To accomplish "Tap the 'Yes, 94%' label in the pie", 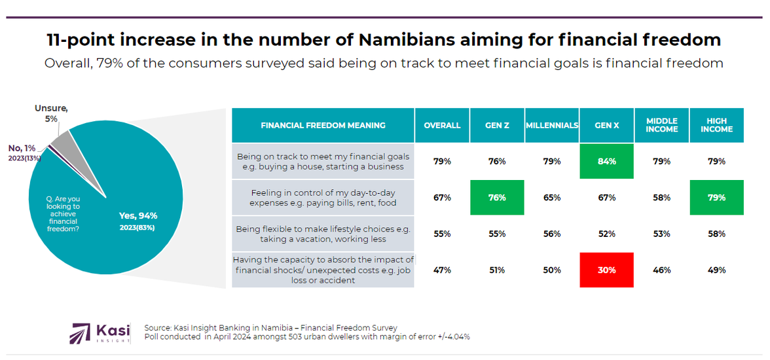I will [138, 215].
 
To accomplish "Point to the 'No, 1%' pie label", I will [22, 149].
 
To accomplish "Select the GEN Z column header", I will [497, 125].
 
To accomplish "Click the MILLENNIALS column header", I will [551, 125].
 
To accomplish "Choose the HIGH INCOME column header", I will [716, 125].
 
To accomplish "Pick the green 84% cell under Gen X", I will [606, 161].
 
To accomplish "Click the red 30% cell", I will [606, 270].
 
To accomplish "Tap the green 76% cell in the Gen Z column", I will [497, 197].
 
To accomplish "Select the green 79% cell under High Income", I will [716, 197].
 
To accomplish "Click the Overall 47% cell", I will [442, 270].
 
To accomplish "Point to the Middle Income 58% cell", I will [661, 197].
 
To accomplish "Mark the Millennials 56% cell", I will [551, 234].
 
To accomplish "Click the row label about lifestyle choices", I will [323, 234].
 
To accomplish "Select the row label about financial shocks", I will [323, 270].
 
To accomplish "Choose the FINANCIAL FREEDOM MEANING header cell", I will [323, 125].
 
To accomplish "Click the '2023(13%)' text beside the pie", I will [25, 158].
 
